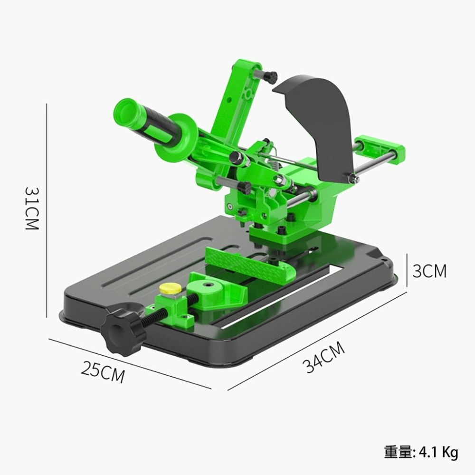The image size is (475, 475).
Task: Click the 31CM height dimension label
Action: tap(31, 208)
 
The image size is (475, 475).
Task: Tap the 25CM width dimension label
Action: tap(103, 371)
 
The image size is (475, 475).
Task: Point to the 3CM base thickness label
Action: tap(429, 271)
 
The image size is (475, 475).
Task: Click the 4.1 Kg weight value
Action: tap(438, 452)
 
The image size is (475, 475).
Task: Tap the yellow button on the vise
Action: tap(170, 288)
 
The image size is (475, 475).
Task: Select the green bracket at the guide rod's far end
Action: tap(382, 148)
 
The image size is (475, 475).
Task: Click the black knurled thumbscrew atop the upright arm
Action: tap(270, 76)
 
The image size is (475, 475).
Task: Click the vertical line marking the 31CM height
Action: tap(46, 209)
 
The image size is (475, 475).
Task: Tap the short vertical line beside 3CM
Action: tap(407, 270)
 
